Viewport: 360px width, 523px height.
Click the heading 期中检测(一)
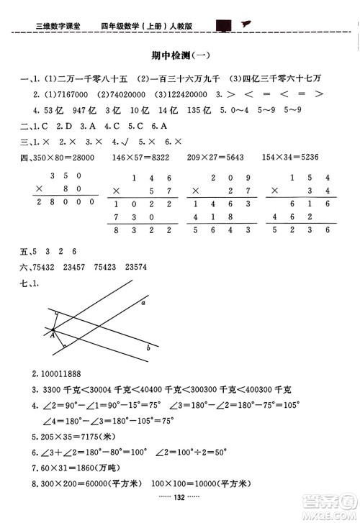pos(179,55)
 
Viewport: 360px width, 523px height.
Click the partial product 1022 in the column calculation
pos(144,205)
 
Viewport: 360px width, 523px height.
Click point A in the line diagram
pos(52,333)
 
